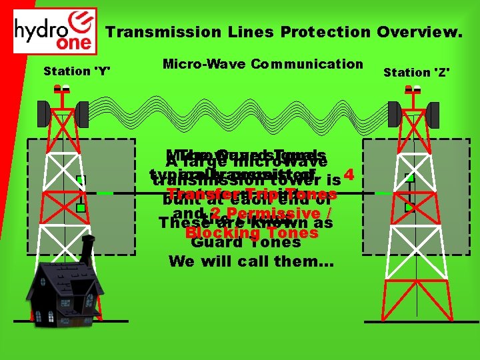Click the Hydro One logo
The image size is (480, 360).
[x=55, y=31]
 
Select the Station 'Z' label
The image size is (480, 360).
[x=417, y=71]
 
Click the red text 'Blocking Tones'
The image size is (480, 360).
[x=252, y=233]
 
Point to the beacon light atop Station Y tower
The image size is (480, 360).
[x=62, y=88]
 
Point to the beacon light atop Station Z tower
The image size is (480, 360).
[x=417, y=89]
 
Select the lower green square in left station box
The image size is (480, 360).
[x=80, y=208]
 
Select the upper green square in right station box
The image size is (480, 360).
[x=410, y=178]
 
